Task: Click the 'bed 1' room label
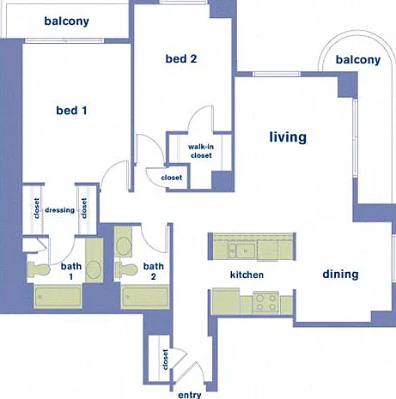71,111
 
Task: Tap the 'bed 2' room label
181,58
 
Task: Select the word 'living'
288,137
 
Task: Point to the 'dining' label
340,274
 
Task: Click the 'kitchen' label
247,275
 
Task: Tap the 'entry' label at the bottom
190,395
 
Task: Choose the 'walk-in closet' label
201,151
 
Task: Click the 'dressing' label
59,210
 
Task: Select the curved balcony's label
358,60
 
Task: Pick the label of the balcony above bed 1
66,21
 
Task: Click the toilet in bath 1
39,269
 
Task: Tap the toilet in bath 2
126,269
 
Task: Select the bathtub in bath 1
58,297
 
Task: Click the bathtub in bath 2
145,297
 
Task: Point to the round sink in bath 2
124,245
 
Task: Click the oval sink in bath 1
94,269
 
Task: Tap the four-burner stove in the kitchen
265,303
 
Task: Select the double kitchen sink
241,251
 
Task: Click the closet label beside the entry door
165,360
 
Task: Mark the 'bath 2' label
154,271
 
